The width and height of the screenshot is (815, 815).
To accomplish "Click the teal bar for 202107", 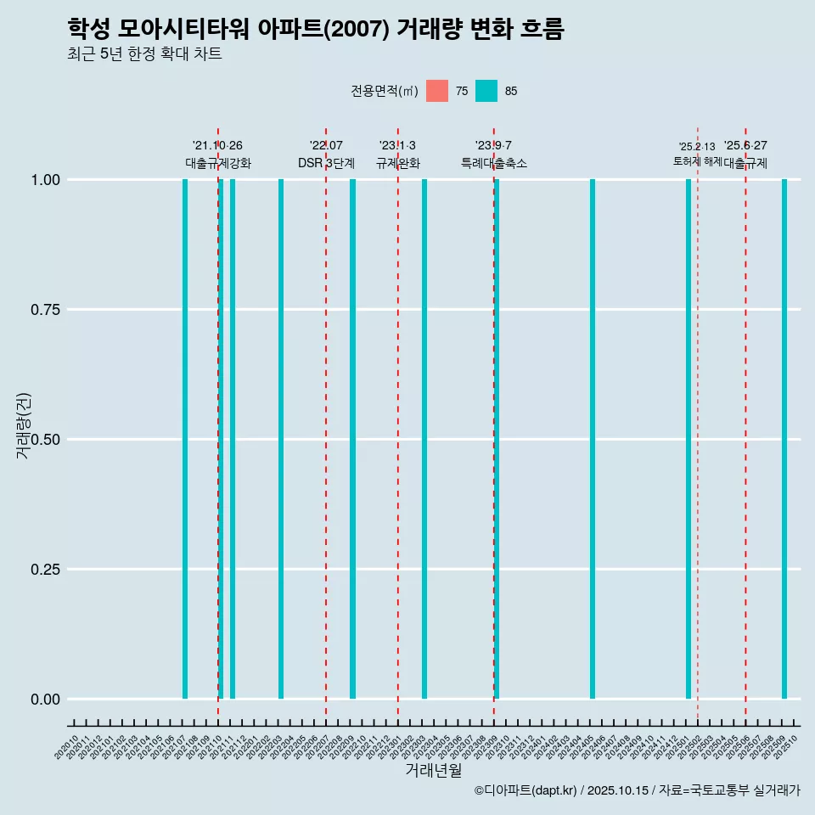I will pos(185,439).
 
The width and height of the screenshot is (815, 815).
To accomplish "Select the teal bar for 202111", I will pos(233,439).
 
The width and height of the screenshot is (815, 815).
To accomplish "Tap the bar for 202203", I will pos(281,439).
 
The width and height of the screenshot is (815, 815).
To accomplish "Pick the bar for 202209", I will pos(352,439).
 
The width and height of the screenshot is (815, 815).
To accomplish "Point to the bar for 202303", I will pos(424,439).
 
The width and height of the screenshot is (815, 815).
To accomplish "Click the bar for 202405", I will pos(593,439).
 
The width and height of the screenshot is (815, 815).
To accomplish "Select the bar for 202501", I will pos(689,439).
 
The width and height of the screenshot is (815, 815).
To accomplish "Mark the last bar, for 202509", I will pos(784,439).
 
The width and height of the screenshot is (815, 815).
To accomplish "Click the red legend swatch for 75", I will pos(437,91).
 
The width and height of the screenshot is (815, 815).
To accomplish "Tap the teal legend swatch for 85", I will pos(486,91).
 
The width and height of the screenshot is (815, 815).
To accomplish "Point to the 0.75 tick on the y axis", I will pos(44,310).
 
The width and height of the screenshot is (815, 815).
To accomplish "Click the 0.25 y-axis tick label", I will pos(44,570).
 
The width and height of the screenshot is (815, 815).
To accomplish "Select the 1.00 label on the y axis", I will pos(44,180).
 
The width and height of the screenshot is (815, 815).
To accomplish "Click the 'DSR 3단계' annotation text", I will pos(326,163).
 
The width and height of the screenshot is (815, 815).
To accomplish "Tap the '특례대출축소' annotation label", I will pos(494,163).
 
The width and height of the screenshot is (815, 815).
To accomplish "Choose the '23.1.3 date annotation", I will pos(397,146).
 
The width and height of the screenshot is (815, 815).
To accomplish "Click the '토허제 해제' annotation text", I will pos(697,161).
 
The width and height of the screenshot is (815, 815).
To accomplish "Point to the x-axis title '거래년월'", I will pos(433,770).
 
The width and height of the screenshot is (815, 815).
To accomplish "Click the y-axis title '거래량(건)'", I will pos(24,424).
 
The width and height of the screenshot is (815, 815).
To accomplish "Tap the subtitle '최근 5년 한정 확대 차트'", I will pos(144,54).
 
